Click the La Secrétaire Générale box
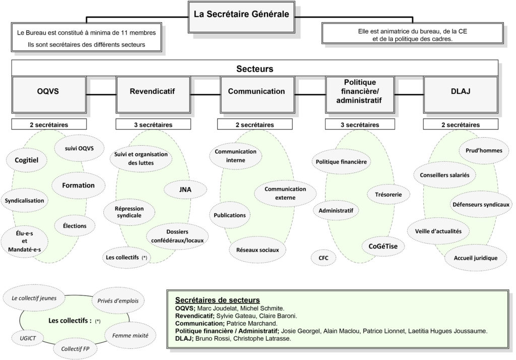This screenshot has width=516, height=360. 241,17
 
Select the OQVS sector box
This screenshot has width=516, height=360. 49,95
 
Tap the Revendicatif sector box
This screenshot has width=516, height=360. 153,95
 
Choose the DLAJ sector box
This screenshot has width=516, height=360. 461,95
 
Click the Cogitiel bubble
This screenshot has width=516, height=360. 26,160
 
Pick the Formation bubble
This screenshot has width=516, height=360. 78,186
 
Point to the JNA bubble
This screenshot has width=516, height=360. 185,190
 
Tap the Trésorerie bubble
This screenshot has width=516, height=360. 389,195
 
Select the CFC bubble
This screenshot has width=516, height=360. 324,258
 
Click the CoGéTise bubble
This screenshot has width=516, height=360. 383,247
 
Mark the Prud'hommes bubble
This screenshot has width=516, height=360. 484,151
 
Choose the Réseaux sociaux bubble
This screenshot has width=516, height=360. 257,250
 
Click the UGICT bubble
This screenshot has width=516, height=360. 28,338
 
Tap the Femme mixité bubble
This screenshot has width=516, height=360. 131,336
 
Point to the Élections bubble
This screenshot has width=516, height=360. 75,226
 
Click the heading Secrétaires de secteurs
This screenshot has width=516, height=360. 218,300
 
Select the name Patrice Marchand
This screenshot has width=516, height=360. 252,323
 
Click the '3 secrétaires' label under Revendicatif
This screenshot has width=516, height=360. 153,125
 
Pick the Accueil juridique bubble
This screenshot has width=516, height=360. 476,258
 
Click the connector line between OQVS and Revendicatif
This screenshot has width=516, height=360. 101,95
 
